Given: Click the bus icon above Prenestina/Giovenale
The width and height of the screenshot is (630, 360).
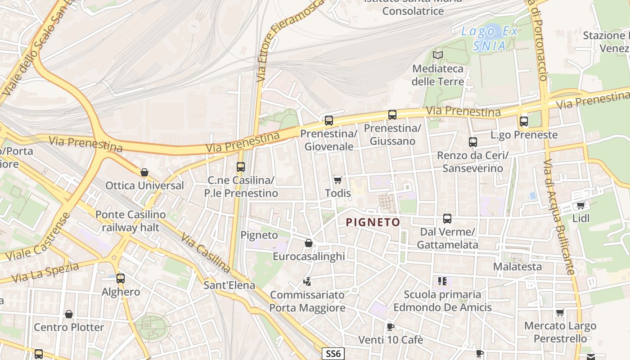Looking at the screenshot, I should pyautogui.click(x=329, y=121).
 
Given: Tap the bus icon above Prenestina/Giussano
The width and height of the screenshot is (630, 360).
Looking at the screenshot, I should pyautogui.click(x=392, y=115).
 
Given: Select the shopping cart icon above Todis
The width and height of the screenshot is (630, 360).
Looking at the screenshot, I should pyautogui.click(x=337, y=180).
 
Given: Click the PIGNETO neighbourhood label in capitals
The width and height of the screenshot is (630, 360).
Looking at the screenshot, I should pyautogui.click(x=373, y=222).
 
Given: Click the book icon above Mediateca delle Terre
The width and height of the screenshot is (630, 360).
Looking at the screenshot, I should pyautogui.click(x=437, y=55).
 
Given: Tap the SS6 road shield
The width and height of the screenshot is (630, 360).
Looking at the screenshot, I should pyautogui.click(x=333, y=354).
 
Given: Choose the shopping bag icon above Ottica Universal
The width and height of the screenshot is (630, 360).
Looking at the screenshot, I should pyautogui.click(x=144, y=172).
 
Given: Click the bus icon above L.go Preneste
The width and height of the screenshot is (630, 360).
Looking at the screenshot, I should pyautogui.click(x=523, y=121).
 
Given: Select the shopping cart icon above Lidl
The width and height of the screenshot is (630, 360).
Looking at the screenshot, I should pyautogui.click(x=580, y=206).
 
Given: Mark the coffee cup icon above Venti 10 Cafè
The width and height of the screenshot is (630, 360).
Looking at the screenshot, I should pyautogui.click(x=390, y=327).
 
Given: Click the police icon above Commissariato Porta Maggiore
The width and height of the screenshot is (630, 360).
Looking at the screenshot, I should pyautogui.click(x=307, y=282).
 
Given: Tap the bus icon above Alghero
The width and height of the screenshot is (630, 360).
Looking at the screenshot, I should pyautogui.click(x=120, y=279).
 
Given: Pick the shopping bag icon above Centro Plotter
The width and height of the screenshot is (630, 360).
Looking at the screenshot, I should pyautogui.click(x=69, y=314).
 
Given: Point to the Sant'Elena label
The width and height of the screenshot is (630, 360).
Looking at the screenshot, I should pyautogui.click(x=229, y=285).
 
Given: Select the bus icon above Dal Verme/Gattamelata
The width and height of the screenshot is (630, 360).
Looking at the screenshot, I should pyautogui.click(x=447, y=219).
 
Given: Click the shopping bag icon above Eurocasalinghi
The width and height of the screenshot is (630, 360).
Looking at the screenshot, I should pyautogui.click(x=309, y=243).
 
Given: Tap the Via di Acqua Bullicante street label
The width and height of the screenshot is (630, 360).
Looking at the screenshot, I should pyautogui.click(x=559, y=216).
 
